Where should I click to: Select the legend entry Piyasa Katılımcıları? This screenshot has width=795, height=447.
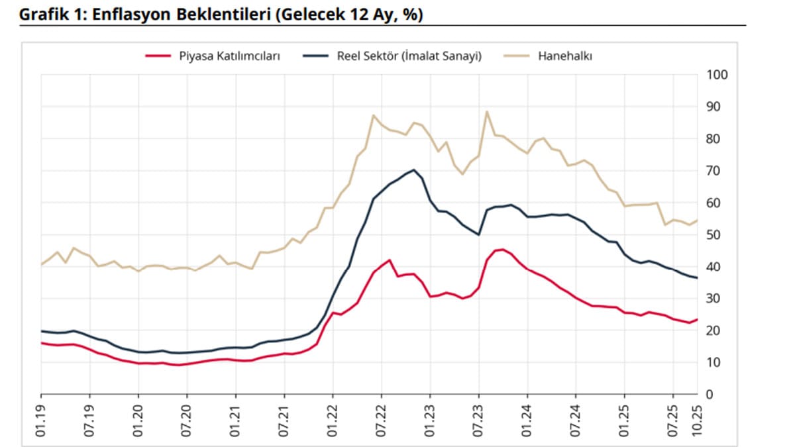[x=229, y=56]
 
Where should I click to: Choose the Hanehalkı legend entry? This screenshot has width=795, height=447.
[x=565, y=56]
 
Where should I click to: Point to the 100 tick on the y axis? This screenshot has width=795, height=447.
[x=718, y=74]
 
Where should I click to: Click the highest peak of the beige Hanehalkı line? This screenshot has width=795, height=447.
[x=487, y=111]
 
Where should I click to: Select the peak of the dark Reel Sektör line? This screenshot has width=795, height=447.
[x=414, y=170]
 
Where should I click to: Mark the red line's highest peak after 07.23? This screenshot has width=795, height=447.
[x=503, y=249]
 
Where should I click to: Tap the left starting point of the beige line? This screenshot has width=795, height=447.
[x=41, y=265]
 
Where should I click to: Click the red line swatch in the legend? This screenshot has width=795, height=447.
[x=159, y=56]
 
